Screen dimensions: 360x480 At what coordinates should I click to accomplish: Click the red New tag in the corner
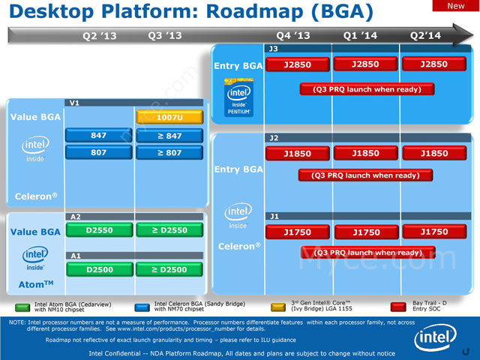click(455, 6)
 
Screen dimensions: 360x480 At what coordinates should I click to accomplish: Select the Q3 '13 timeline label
click(165, 35)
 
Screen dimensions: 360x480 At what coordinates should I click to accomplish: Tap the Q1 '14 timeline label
click(360, 35)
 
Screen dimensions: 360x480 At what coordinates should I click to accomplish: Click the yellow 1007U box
click(169, 117)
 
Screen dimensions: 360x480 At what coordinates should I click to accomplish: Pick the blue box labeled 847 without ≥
click(99, 136)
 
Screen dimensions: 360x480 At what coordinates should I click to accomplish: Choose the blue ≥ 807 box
click(169, 153)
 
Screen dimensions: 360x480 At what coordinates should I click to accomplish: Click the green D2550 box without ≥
click(99, 230)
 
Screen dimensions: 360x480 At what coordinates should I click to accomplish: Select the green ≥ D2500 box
click(169, 269)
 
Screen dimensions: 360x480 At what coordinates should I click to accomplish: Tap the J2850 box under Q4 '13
click(298, 64)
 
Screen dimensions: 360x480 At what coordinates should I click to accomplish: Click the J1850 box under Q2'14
click(434, 154)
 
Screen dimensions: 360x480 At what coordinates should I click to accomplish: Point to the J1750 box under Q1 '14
click(367, 232)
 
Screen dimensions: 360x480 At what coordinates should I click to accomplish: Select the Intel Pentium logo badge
click(239, 99)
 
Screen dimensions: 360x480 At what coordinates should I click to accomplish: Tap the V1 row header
click(74, 103)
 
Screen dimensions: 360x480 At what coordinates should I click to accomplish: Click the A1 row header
click(75, 256)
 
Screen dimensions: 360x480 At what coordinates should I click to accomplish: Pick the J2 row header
click(274, 138)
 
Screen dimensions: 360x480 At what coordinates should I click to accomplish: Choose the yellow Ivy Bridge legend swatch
click(277, 307)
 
